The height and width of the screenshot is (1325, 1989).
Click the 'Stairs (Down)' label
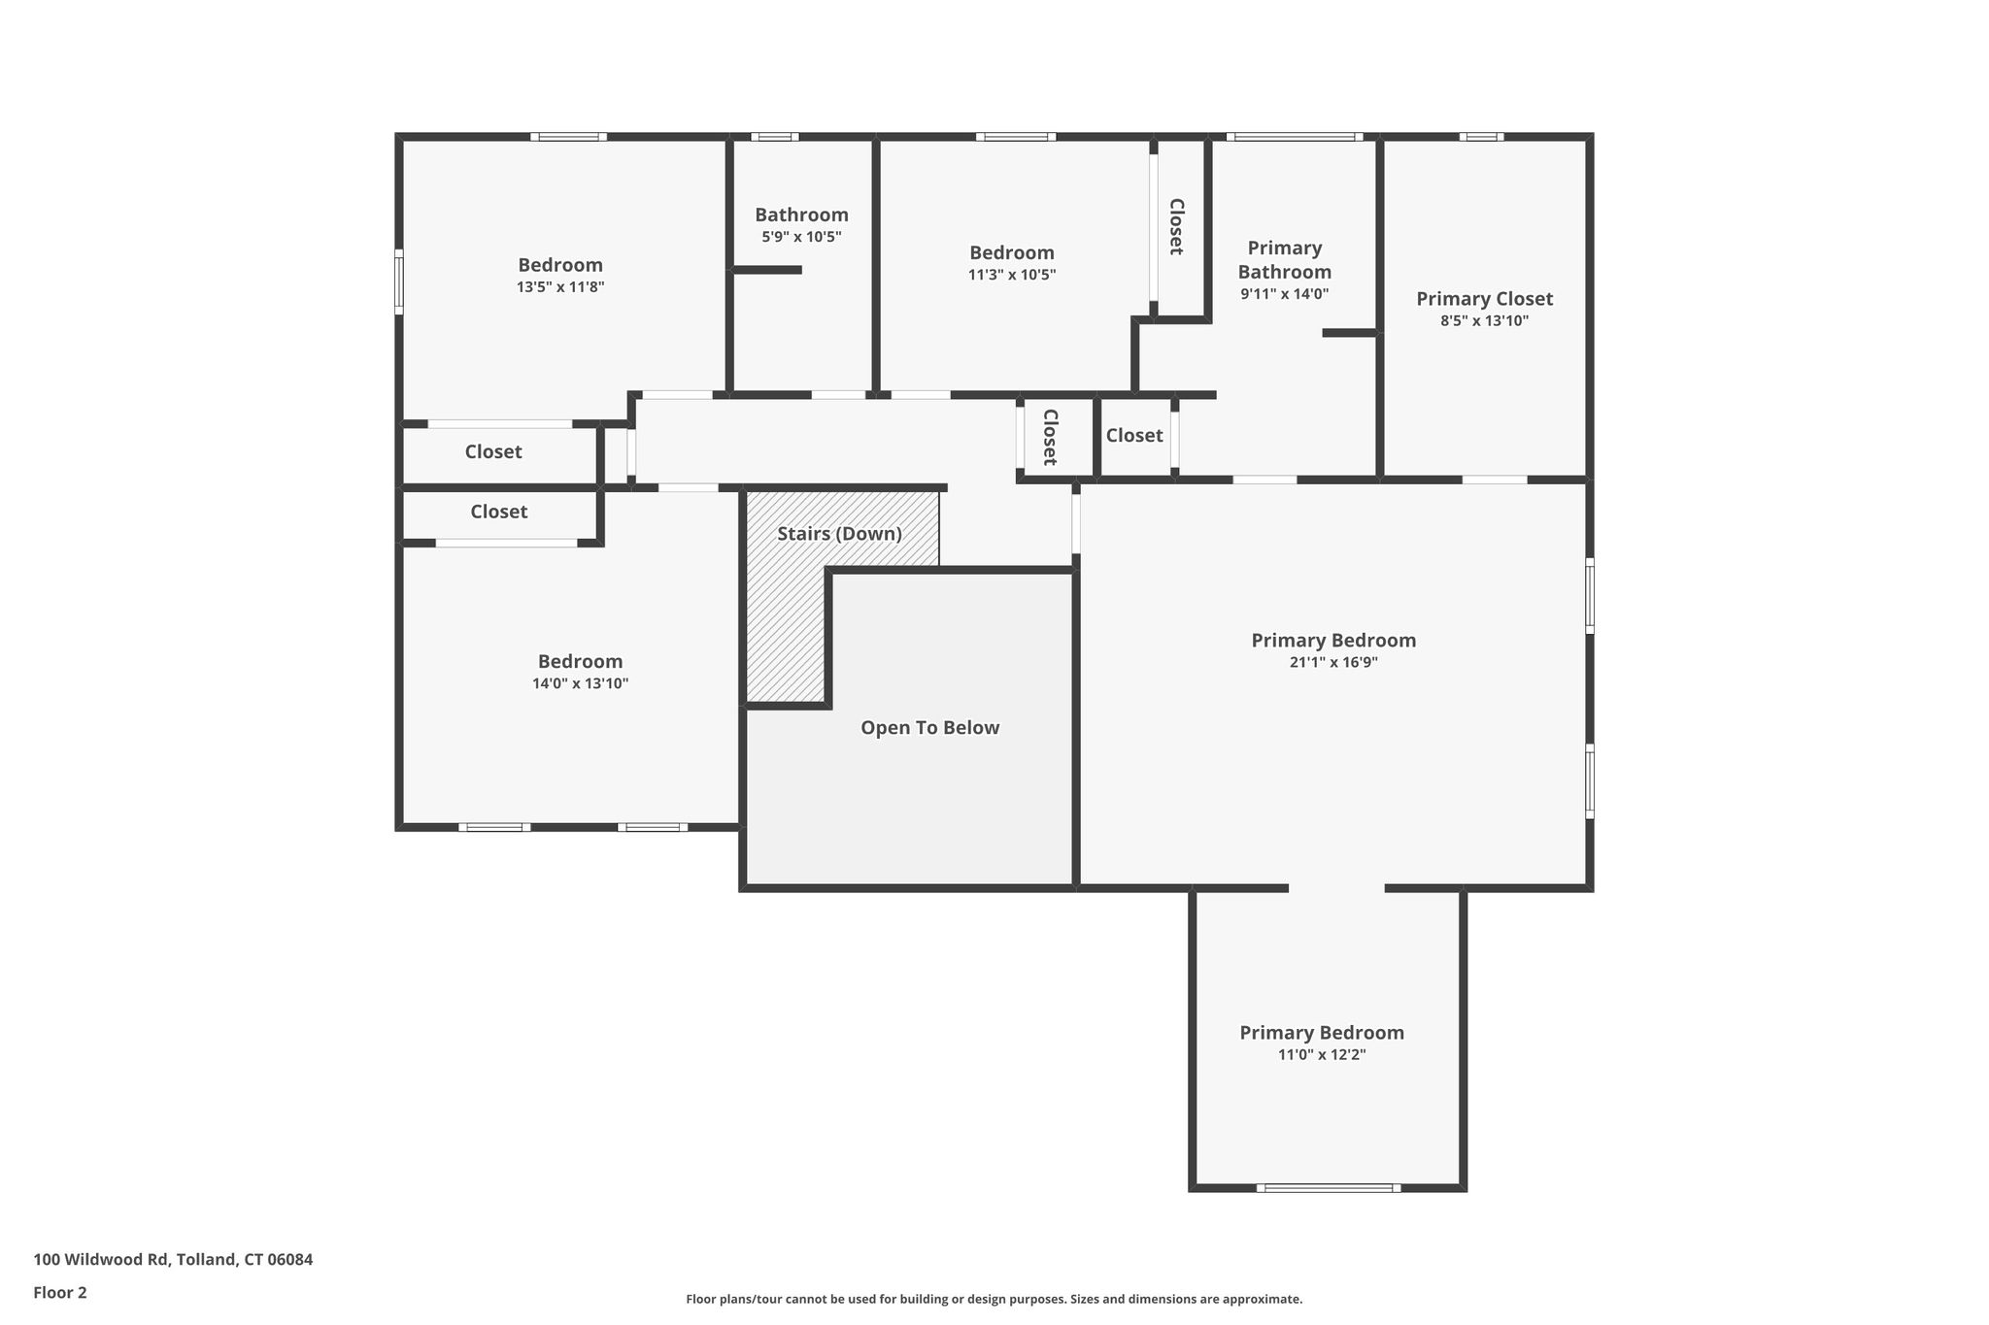click(x=839, y=534)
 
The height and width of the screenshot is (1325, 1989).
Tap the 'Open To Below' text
click(x=929, y=728)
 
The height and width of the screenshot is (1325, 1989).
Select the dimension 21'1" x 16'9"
click(x=1333, y=663)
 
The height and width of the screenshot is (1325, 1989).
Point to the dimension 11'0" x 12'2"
click(x=1322, y=1055)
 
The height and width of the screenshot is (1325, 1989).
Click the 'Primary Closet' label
click(x=1484, y=299)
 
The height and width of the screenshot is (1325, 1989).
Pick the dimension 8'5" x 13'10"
click(x=1484, y=321)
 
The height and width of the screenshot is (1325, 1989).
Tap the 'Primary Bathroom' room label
click(x=1284, y=260)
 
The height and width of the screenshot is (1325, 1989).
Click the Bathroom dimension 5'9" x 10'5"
click(x=801, y=237)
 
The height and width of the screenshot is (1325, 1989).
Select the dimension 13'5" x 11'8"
click(x=560, y=287)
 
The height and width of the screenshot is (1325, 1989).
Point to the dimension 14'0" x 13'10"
click(x=580, y=683)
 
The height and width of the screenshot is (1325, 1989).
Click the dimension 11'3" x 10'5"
click(x=1012, y=275)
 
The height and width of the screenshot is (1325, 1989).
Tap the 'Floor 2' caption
click(x=60, y=1292)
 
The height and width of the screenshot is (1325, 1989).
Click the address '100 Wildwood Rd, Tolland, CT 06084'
click(x=173, y=1259)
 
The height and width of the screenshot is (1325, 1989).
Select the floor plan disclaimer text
click(x=994, y=1299)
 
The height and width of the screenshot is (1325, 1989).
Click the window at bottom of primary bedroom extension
click(x=1328, y=1187)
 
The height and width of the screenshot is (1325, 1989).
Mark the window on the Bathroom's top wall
click(x=774, y=137)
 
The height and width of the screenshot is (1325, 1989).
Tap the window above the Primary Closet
click(x=1481, y=137)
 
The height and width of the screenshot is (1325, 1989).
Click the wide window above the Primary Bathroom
click(x=1294, y=137)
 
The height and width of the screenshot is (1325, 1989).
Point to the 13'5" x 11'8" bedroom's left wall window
click(x=398, y=282)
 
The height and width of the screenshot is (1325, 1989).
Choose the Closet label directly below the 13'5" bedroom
click(x=493, y=451)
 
